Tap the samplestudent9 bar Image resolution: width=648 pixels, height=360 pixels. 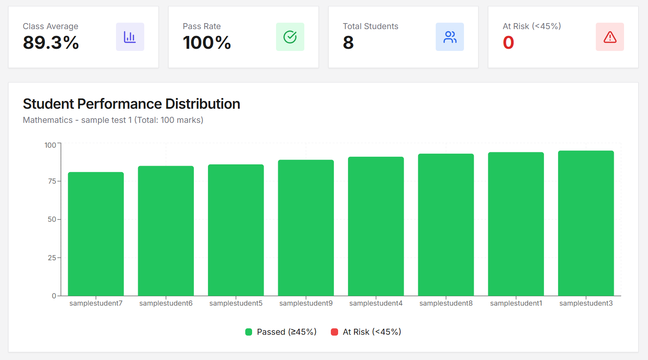[x=306, y=228]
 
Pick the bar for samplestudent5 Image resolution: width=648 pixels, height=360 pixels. [x=236, y=230]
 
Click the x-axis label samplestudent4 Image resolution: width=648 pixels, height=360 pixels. [x=376, y=303]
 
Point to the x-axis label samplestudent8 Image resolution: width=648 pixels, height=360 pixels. [x=446, y=303]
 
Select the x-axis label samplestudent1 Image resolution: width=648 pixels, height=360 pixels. [x=516, y=303]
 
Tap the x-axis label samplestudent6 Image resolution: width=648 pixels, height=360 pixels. [x=166, y=303]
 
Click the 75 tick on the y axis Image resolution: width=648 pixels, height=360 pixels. [x=52, y=181]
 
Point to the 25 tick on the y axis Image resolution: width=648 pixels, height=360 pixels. [x=52, y=258]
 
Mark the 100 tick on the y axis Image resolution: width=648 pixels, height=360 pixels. [x=51, y=145]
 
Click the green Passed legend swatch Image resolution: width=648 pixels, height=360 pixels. [x=249, y=332]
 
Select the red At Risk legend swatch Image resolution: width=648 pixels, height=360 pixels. [x=335, y=332]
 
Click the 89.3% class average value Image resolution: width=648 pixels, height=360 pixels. [x=51, y=42]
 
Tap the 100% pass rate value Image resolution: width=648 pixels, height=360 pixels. [x=207, y=42]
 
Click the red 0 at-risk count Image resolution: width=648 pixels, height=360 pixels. [x=508, y=42]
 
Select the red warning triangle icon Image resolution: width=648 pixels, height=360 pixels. [x=610, y=37]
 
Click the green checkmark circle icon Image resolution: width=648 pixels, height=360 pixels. [x=290, y=37]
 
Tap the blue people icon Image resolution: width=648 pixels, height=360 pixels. [x=450, y=37]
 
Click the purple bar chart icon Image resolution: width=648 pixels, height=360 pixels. [x=130, y=37]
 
